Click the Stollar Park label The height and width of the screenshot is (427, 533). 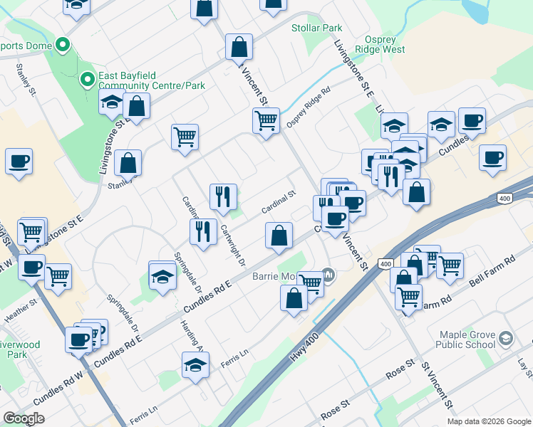point(317,28)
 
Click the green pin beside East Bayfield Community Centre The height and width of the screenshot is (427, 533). point(88,78)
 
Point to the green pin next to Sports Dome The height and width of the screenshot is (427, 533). point(63,46)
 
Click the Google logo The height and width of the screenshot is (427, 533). point(24,418)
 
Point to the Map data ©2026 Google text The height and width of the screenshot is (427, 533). point(489,421)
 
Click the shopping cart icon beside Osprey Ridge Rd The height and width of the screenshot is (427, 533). point(266,120)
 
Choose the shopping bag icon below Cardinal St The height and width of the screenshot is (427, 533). point(279,236)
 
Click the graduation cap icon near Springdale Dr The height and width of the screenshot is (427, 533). point(162,275)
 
